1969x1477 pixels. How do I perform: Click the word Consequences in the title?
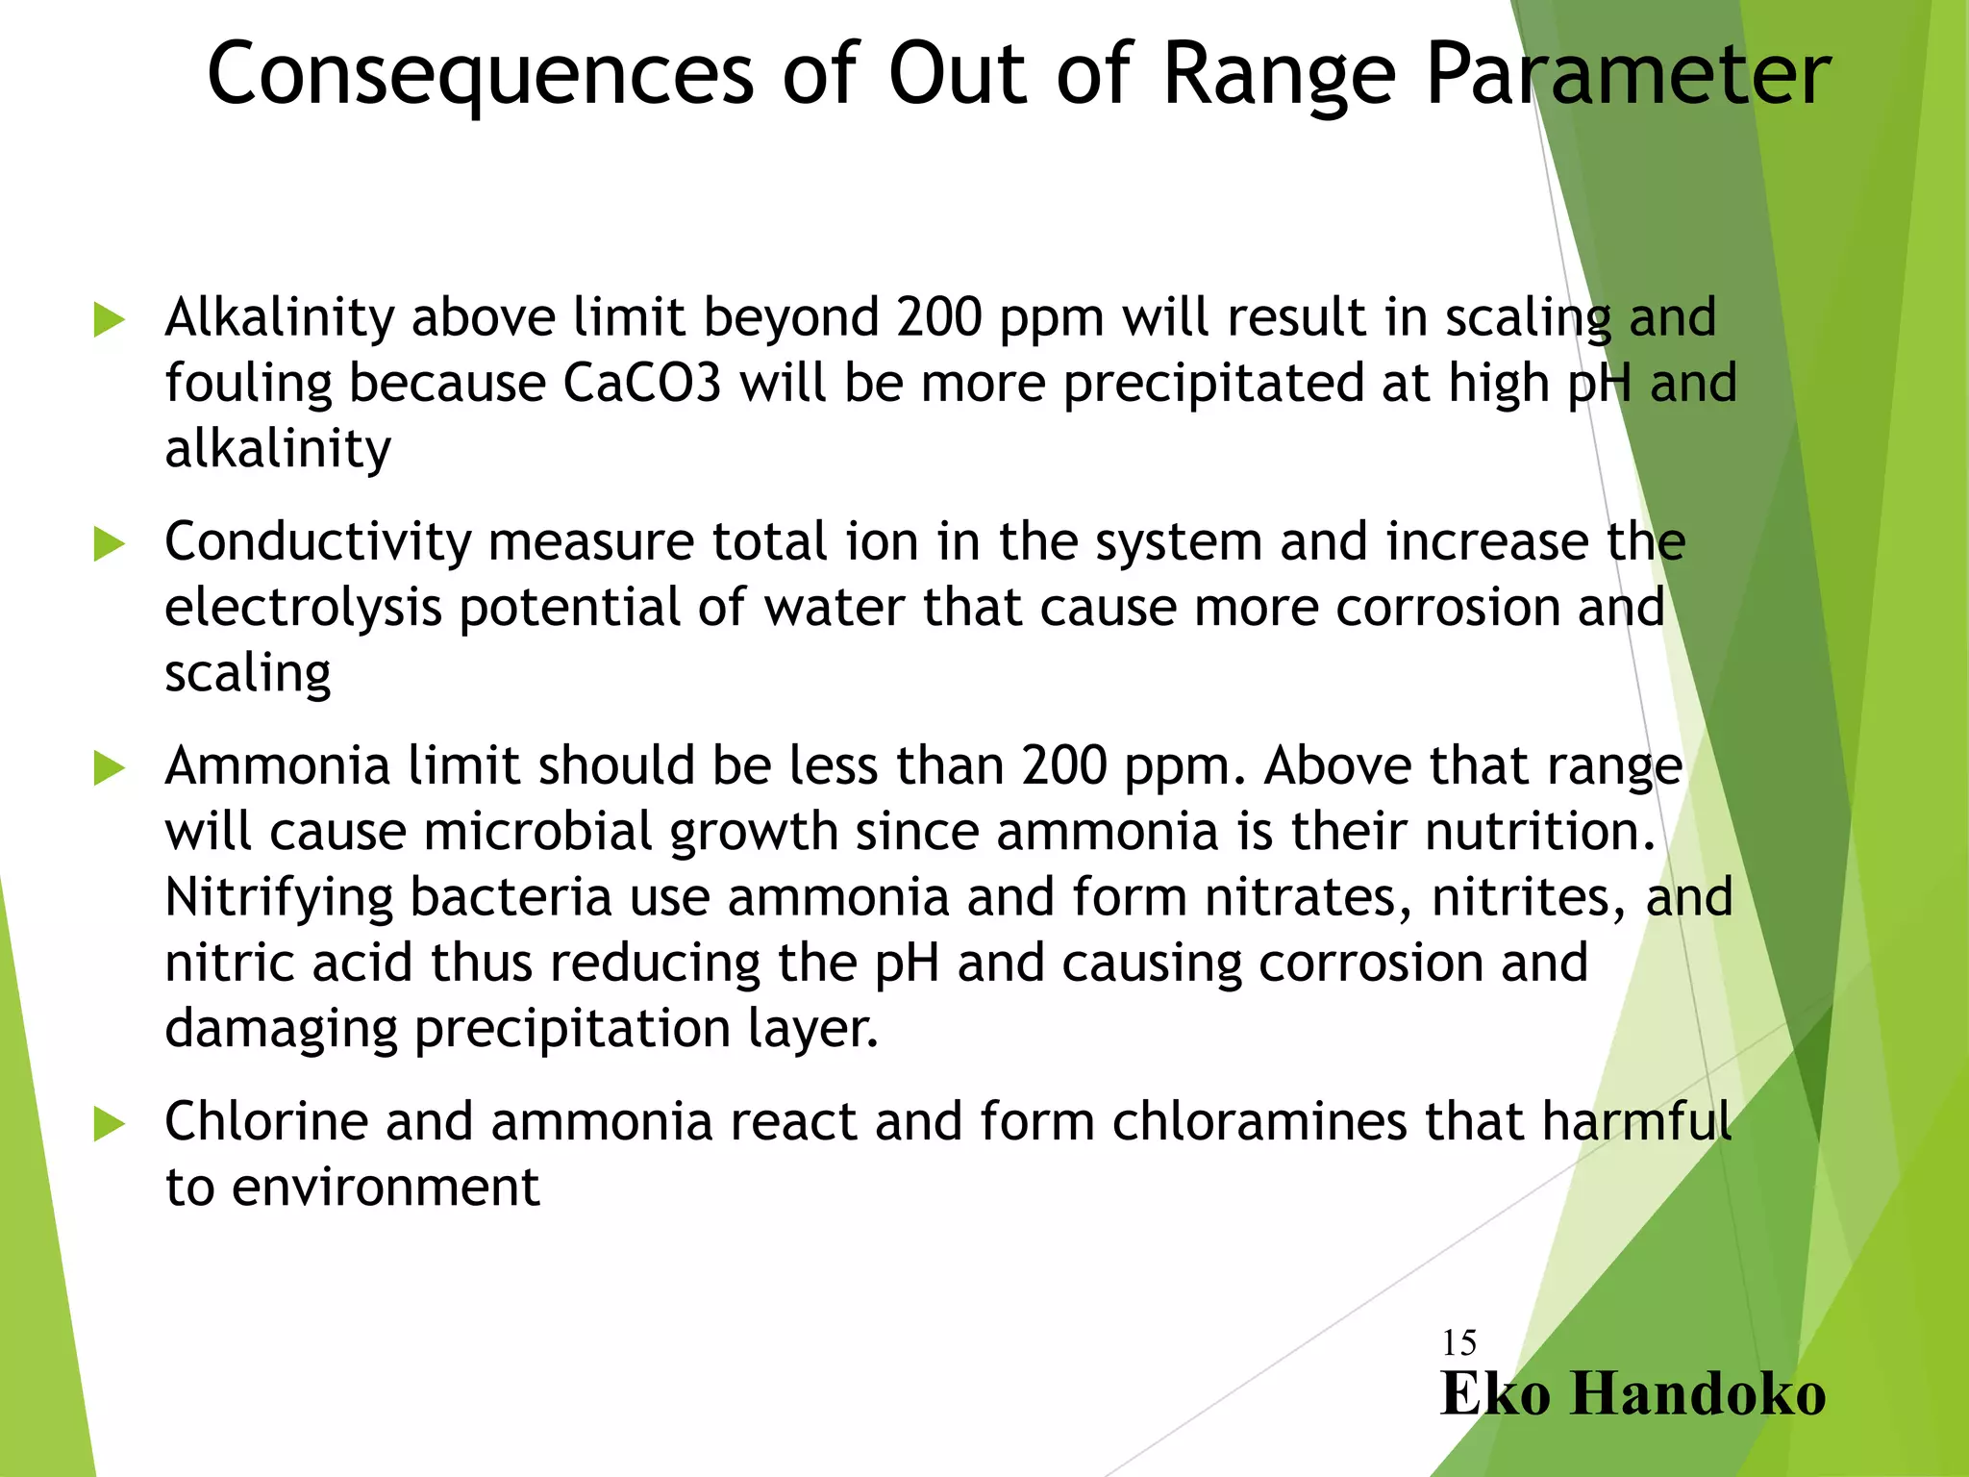481,75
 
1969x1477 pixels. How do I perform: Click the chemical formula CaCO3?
641,383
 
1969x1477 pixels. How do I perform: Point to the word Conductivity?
317,541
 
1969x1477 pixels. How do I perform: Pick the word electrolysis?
303,608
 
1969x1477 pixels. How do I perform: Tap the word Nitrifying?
279,898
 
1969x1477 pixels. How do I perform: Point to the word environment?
386,1188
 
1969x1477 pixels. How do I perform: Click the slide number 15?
1458,1342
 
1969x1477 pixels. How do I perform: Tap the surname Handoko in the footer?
1697,1393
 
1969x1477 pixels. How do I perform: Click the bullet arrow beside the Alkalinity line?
110,320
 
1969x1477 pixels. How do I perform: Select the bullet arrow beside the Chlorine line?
110,1124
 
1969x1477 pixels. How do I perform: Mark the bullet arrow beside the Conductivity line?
110,544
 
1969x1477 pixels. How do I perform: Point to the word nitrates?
1309,898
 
